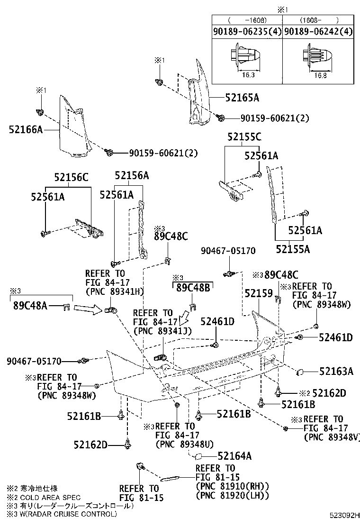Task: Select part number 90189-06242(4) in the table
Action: coord(319,32)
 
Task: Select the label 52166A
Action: coord(26,128)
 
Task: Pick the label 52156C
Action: coord(71,177)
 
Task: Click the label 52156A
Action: coord(132,175)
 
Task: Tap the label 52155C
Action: coord(244,137)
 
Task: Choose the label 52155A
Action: coord(293,248)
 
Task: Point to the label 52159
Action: coord(259,294)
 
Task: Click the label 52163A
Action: coord(336,372)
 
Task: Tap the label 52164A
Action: coord(234,456)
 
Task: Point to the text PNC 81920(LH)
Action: coord(232,495)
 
